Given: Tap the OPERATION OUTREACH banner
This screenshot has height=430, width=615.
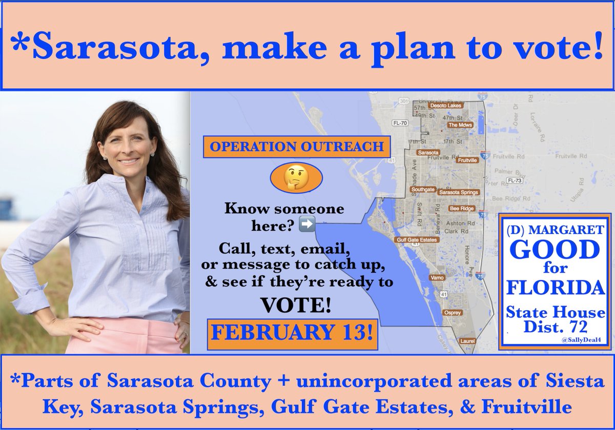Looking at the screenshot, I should [296, 146].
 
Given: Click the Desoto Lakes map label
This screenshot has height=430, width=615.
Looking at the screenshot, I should [445, 106].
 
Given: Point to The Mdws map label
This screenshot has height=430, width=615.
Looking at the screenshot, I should [460, 125].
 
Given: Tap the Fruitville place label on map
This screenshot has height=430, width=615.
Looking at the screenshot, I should [467, 160].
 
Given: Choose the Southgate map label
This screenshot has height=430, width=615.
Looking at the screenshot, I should [423, 189].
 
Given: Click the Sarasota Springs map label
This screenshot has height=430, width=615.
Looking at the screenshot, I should [459, 192].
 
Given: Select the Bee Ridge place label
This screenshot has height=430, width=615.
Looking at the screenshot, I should [462, 209].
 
